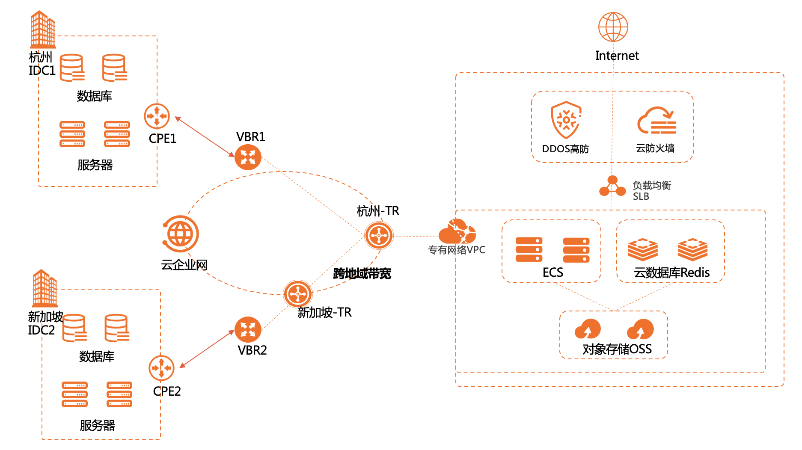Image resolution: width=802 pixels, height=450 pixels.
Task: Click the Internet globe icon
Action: pyautogui.click(x=613, y=27)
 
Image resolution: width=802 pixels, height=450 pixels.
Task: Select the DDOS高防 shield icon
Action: pyautogui.click(x=566, y=120)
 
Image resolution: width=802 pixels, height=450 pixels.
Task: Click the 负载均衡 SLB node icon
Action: pyautogui.click(x=612, y=187)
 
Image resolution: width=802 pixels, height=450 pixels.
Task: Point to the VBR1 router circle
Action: pyautogui.click(x=248, y=157)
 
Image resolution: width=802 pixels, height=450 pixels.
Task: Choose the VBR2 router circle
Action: pyautogui.click(x=248, y=329)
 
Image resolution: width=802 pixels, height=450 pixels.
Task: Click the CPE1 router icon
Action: pyautogui.click(x=157, y=116)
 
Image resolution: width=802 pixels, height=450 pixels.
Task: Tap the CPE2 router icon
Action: pyautogui.click(x=161, y=368)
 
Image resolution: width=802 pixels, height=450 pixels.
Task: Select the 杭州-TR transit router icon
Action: pyautogui.click(x=379, y=235)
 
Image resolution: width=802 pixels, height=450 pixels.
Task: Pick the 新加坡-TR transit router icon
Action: pyautogui.click(x=298, y=294)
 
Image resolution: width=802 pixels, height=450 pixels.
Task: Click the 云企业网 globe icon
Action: pyautogui.click(x=181, y=234)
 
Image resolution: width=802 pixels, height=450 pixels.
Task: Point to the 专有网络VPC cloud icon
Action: pyautogui.click(x=457, y=232)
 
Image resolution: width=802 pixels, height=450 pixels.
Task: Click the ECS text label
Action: pyautogui.click(x=552, y=272)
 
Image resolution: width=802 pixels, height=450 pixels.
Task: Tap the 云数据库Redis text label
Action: pyautogui.click(x=671, y=272)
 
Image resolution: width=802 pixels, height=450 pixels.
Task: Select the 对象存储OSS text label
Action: pyautogui.click(x=617, y=349)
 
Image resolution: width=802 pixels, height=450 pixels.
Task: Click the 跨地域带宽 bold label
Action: pyautogui.click(x=362, y=274)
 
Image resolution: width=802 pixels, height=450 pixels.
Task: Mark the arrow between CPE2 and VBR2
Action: pyautogui.click(x=207, y=349)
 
